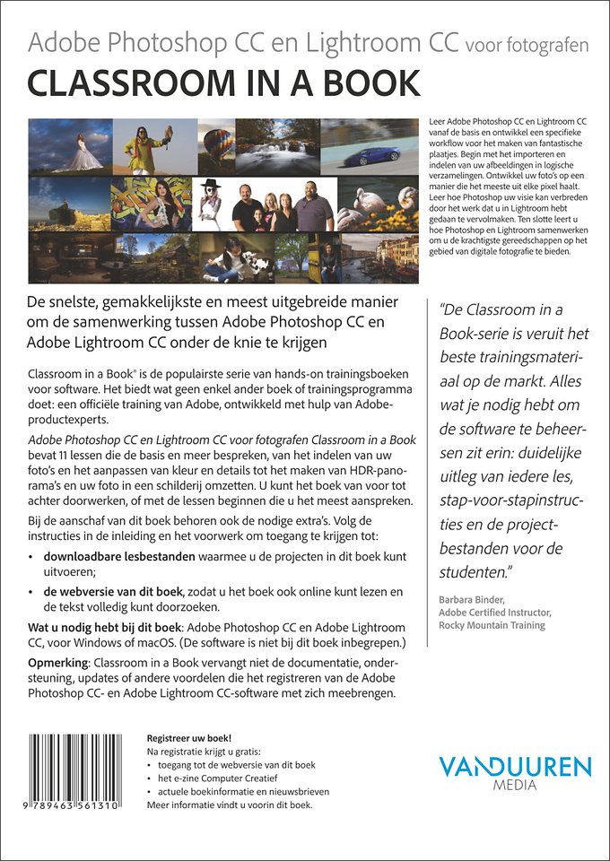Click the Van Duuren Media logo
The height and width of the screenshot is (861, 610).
click(x=515, y=771)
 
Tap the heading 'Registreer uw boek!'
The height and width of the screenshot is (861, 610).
click(x=188, y=736)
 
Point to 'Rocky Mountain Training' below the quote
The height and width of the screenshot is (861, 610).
click(x=492, y=625)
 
